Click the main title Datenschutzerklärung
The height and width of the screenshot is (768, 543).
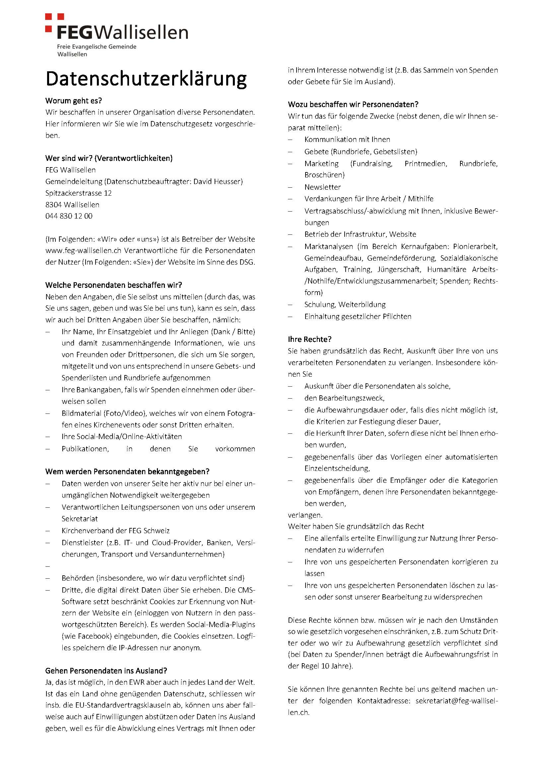coord(146,79)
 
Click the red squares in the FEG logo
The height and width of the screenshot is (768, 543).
coord(53,22)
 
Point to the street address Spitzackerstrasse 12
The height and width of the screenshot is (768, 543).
coord(79,193)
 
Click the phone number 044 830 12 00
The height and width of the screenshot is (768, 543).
coord(69,216)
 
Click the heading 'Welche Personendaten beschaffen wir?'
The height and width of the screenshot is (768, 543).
coord(114,285)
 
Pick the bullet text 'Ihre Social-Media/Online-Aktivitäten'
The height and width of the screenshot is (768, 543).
coord(122,436)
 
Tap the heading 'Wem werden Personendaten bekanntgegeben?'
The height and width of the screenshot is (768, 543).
coord(127,472)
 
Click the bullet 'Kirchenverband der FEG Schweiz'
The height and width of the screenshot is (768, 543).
coord(115,531)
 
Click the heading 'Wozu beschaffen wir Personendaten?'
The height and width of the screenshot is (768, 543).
coord(353,104)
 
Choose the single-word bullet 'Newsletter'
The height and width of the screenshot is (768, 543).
coord(322,187)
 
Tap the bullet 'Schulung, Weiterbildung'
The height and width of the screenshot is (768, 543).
coord(345,304)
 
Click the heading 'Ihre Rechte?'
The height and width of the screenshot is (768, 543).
coord(309,339)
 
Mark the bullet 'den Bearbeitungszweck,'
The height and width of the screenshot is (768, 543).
coord(344,398)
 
